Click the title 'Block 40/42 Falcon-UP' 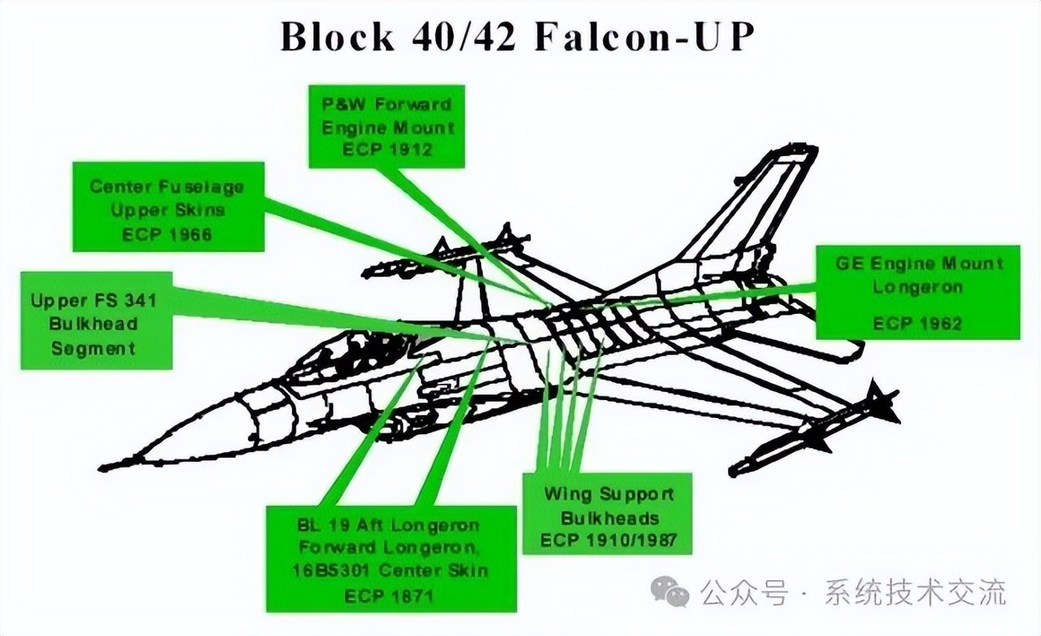(x=513, y=37)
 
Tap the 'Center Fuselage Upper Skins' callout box (x=168, y=208)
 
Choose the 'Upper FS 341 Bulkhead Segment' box (x=95, y=323)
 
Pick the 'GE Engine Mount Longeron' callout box (x=917, y=291)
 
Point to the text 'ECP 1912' (x=388, y=150)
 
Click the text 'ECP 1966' (x=168, y=234)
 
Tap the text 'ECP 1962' (x=917, y=323)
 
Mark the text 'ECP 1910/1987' (x=609, y=540)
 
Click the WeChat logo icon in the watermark (x=673, y=591)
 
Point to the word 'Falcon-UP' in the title (x=640, y=37)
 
